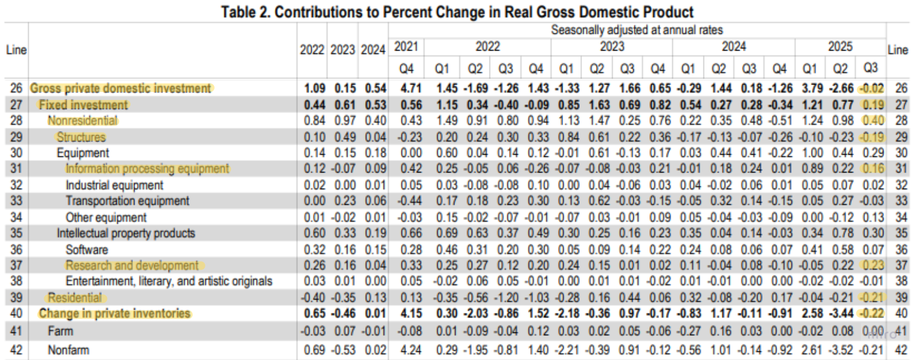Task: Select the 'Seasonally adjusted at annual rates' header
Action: pyautogui.click(x=637, y=30)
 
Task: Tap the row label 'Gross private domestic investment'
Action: pyautogui.click(x=120, y=89)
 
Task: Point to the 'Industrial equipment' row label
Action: pyautogui.click(x=114, y=185)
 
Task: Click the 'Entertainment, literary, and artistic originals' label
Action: pyautogui.click(x=169, y=281)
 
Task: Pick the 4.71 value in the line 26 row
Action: pyautogui.click(x=411, y=89)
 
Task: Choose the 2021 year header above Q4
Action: pyautogui.click(x=406, y=47)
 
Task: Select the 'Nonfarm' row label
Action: pyautogui.click(x=68, y=350)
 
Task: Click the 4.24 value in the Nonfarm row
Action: pyautogui.click(x=411, y=350)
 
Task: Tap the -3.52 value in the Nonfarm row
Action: pyautogui.click(x=841, y=350)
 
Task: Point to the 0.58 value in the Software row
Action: pyautogui.click(x=843, y=250)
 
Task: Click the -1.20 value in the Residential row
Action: pyautogui.click(x=506, y=298)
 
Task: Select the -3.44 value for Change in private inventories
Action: pyautogui.click(x=841, y=314)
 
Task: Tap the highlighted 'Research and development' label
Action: pyautogui.click(x=132, y=265)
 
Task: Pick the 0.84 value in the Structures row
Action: pyautogui.click(x=569, y=137)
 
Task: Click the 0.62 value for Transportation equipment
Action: pyautogui.click(x=599, y=201)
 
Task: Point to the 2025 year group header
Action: pyautogui.click(x=840, y=47)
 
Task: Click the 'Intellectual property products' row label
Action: pyautogui.click(x=126, y=233)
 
